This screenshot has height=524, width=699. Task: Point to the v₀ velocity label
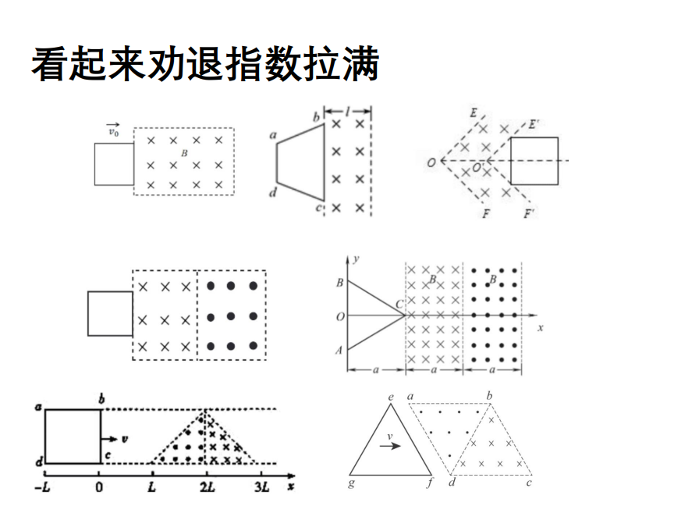[x=113, y=130]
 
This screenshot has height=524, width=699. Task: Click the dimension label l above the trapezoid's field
[x=348, y=111]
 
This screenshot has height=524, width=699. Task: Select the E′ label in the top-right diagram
[x=534, y=124]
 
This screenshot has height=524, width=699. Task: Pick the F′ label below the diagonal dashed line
[x=529, y=213]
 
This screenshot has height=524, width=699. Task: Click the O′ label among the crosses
[x=477, y=168]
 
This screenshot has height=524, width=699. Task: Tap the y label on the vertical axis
[x=356, y=259]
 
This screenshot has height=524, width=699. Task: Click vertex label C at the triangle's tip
[x=399, y=305]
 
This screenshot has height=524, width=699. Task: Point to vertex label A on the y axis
[x=339, y=351]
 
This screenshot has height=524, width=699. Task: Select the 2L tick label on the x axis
[x=207, y=487]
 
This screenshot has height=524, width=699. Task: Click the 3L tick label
[x=261, y=487]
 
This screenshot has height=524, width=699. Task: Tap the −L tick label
[x=42, y=487]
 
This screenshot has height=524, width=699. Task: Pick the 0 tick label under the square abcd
[x=99, y=487]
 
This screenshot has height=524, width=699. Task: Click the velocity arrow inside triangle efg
[x=390, y=445]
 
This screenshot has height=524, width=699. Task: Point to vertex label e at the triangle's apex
[x=391, y=397]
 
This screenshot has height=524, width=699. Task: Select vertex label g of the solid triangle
[x=351, y=483]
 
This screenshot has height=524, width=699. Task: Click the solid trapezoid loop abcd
[x=300, y=162]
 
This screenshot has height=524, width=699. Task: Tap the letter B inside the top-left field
[x=184, y=153]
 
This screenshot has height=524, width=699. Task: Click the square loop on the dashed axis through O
[x=534, y=161]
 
